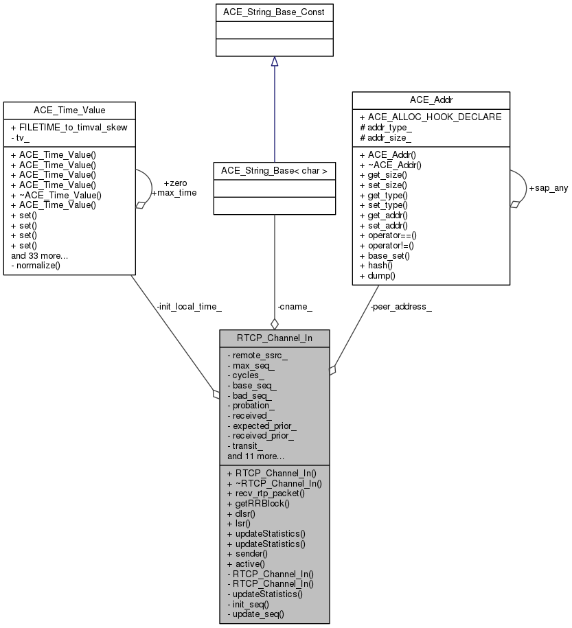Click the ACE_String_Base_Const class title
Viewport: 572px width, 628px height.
click(x=274, y=12)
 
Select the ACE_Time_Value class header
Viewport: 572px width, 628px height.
click(x=69, y=110)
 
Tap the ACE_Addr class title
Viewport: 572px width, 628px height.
click(x=431, y=100)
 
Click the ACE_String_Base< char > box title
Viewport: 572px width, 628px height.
click(x=274, y=170)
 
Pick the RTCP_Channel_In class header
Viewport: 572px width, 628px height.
click(x=274, y=338)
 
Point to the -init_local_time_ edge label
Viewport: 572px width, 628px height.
click(x=189, y=306)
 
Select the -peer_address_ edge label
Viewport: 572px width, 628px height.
click(x=400, y=306)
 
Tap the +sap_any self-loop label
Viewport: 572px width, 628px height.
click(x=547, y=188)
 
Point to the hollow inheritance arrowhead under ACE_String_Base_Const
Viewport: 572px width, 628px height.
click(x=274, y=62)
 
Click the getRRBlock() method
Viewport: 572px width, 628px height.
click(x=262, y=503)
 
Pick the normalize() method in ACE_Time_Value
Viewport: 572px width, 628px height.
click(x=38, y=265)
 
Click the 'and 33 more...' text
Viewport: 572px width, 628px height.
click(x=39, y=255)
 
